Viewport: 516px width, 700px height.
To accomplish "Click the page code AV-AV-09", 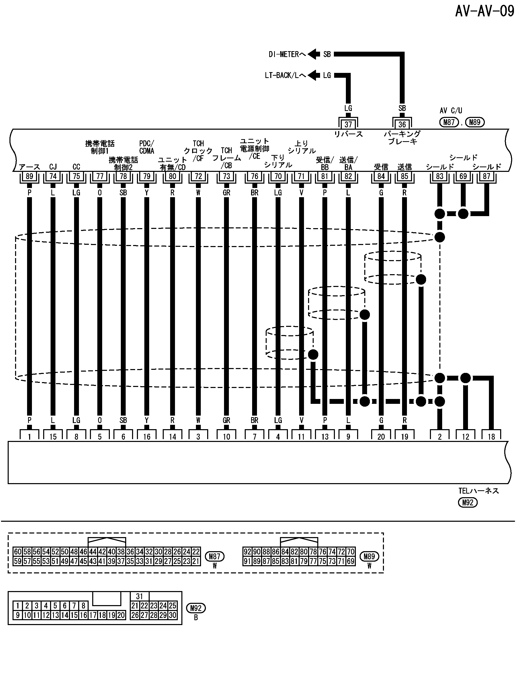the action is tap(485, 12).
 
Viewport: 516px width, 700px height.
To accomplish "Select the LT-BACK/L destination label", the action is tap(285, 75).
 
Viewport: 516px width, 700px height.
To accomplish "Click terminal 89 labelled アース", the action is tap(29, 176).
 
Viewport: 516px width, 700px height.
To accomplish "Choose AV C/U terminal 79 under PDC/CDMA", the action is tap(147, 176).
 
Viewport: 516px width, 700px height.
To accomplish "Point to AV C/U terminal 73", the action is tap(227, 176).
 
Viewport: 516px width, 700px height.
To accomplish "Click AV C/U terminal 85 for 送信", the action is tap(404, 176).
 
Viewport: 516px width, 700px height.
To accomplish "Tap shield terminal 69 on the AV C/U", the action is tap(463, 176).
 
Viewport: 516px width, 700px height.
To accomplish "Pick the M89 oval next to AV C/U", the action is tap(475, 122).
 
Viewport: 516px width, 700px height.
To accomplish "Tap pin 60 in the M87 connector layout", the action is tap(18, 551).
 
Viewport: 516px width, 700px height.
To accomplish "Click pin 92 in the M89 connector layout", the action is tap(247, 551).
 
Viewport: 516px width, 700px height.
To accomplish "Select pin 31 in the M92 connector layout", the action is tap(139, 596).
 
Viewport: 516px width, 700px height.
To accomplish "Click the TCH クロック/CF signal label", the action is tap(198, 151).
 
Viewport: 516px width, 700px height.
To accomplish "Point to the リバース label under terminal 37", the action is tap(348, 134).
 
